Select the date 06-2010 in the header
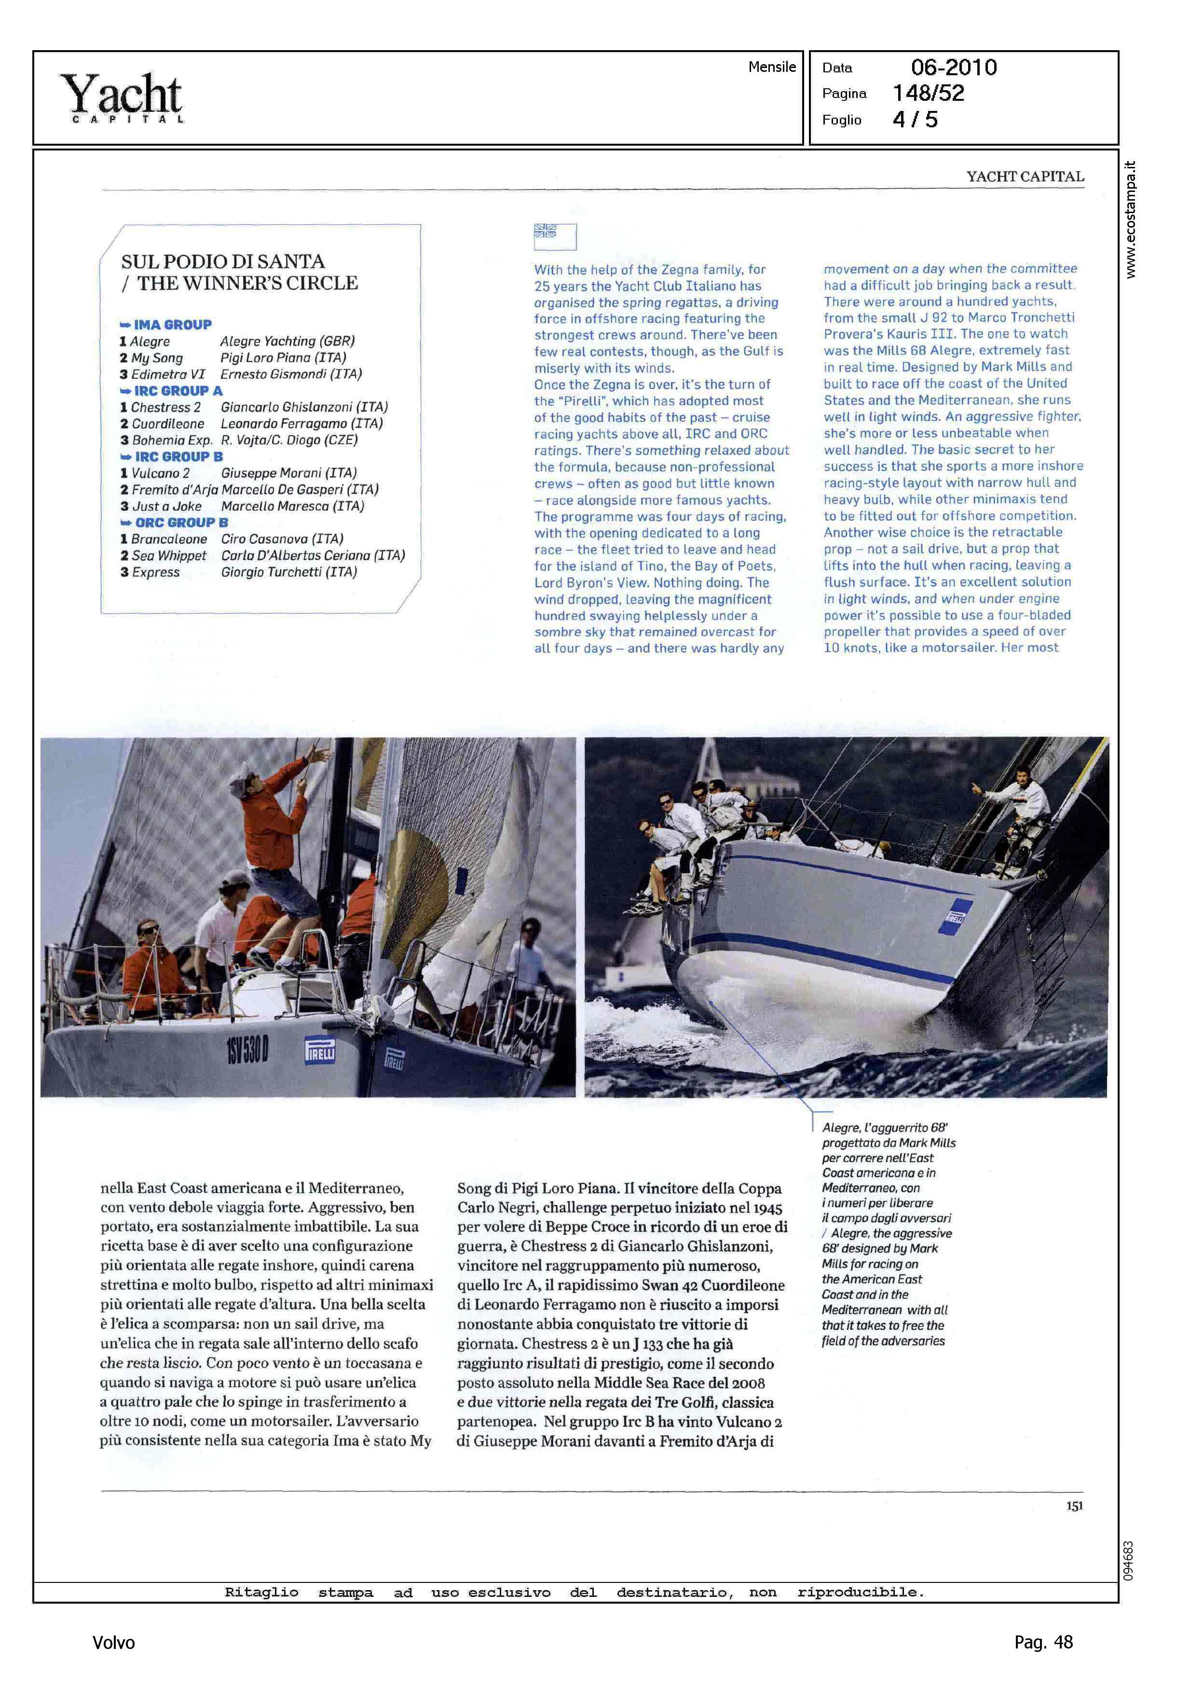coord(954,68)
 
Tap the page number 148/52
coord(928,94)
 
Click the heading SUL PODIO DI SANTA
coord(222,261)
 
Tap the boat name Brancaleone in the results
coord(169,539)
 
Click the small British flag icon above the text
coord(546,231)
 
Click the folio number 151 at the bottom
coord(1074,1505)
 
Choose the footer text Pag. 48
coord(1043,1642)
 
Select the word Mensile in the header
coord(772,67)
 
